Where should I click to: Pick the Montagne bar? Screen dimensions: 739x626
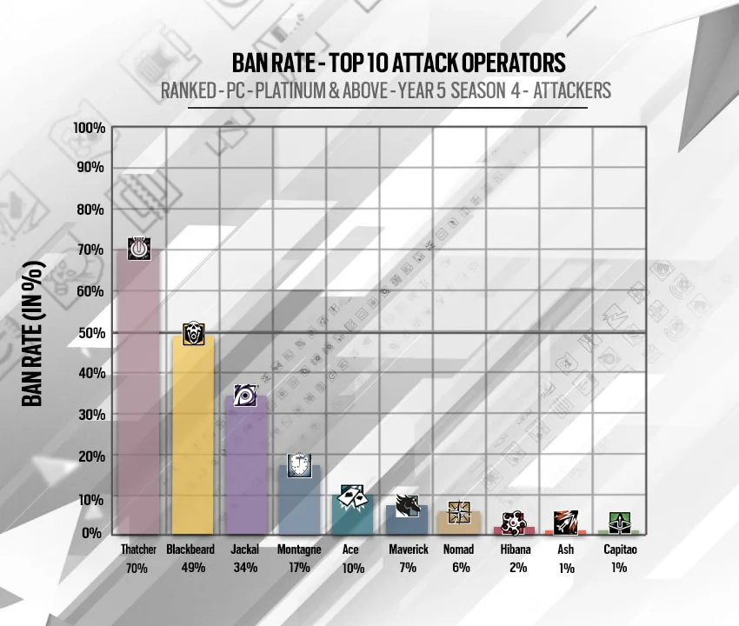coord(299,500)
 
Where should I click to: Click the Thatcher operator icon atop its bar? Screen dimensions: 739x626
coord(139,248)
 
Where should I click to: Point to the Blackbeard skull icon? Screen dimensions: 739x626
coord(193,333)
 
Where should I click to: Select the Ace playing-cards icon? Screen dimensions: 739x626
coord(351,496)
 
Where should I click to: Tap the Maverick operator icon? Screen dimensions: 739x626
coord(407,505)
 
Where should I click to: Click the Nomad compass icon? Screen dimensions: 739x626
coord(459,512)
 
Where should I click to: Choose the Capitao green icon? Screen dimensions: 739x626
coord(620,523)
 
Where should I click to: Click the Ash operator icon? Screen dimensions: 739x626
coord(566,523)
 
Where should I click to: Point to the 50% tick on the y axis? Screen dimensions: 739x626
coord(91,333)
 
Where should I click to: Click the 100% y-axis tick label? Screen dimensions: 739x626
coord(89,128)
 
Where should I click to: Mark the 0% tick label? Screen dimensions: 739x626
coord(91,533)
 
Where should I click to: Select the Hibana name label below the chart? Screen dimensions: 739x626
coord(516,549)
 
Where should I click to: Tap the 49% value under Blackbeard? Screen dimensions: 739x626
coord(193,568)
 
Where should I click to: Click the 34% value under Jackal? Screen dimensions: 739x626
coord(245,568)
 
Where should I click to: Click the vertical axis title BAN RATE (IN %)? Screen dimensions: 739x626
coord(33,333)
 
